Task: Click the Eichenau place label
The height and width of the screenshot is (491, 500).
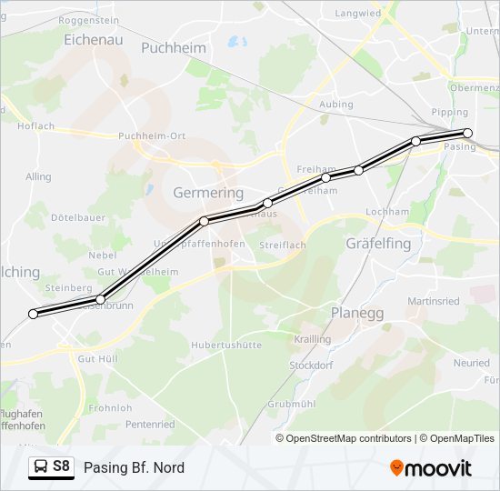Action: tap(94, 40)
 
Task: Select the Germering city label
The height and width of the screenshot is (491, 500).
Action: tap(208, 193)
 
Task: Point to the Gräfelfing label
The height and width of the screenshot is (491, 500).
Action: tap(378, 244)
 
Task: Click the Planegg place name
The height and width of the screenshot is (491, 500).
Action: tap(357, 313)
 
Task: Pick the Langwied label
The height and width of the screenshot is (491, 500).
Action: tap(357, 14)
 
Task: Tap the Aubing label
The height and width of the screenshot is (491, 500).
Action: tap(336, 105)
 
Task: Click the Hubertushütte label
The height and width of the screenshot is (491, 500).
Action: tap(226, 346)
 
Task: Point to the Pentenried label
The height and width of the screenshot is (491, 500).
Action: tap(150, 424)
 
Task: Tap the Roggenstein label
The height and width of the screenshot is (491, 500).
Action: tap(88, 19)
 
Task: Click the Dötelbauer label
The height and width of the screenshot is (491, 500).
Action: tap(78, 218)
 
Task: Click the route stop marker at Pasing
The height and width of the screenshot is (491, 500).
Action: tap(467, 133)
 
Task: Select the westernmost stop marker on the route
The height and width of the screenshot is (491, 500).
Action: tap(34, 314)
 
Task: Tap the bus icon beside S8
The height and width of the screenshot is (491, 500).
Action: tap(41, 467)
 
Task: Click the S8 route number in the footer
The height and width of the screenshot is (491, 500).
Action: tap(61, 466)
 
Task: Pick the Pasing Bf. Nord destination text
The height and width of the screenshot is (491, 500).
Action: tap(134, 468)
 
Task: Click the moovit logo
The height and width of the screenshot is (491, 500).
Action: tap(431, 468)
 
